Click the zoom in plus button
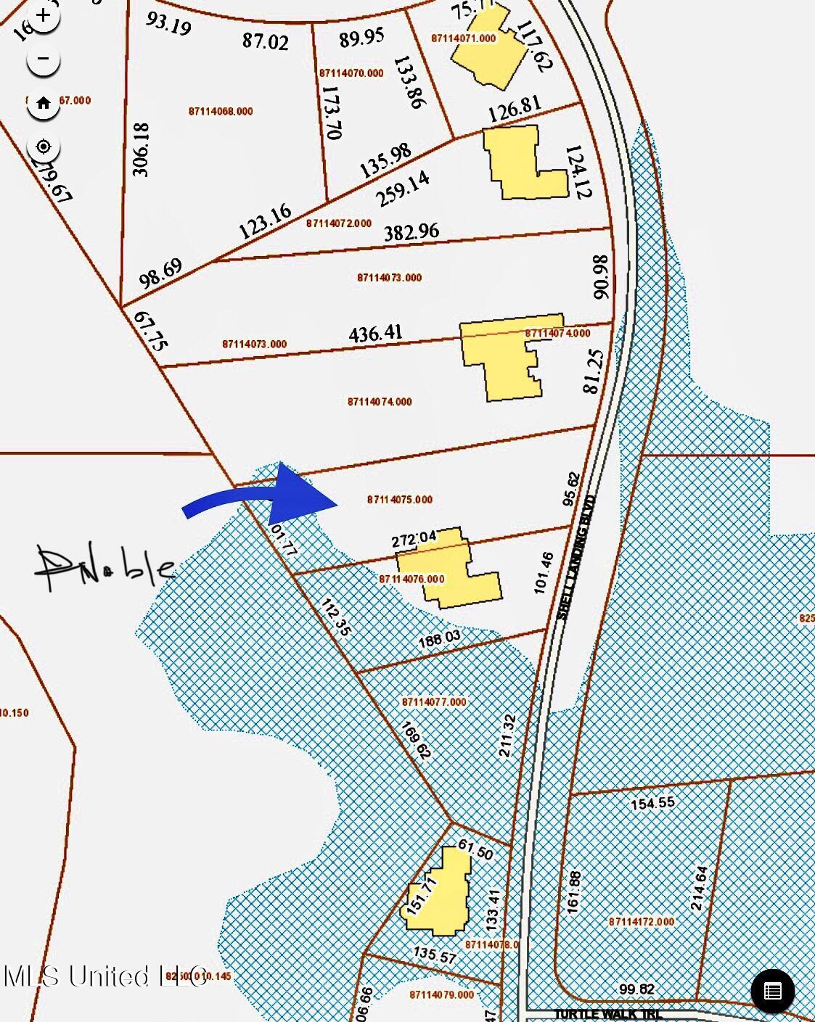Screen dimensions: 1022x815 pyautogui.click(x=44, y=15)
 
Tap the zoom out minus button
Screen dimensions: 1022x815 pyautogui.click(x=44, y=59)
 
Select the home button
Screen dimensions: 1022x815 pyautogui.click(x=44, y=103)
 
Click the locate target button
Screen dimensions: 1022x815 pyautogui.click(x=44, y=147)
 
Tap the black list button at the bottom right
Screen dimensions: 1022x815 pyautogui.click(x=772, y=991)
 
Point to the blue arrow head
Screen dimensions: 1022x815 pyautogui.click(x=301, y=495)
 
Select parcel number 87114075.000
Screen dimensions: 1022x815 pyautogui.click(x=400, y=500)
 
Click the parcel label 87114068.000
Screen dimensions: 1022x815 pyautogui.click(x=221, y=112)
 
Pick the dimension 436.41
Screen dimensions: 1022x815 pyautogui.click(x=375, y=334)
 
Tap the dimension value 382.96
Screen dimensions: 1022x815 pyautogui.click(x=411, y=232)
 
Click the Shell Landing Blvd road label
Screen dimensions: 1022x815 pyautogui.click(x=576, y=556)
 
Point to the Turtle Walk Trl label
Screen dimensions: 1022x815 pyautogui.click(x=608, y=1014)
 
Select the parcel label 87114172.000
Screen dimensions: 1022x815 pyautogui.click(x=642, y=922)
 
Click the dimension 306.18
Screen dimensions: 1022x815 pyautogui.click(x=141, y=149)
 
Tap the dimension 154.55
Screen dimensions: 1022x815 pyautogui.click(x=652, y=804)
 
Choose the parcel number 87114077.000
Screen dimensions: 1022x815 pyautogui.click(x=434, y=702)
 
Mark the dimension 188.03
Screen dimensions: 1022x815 pyautogui.click(x=440, y=639)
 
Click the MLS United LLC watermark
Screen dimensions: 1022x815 pyautogui.click(x=105, y=976)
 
